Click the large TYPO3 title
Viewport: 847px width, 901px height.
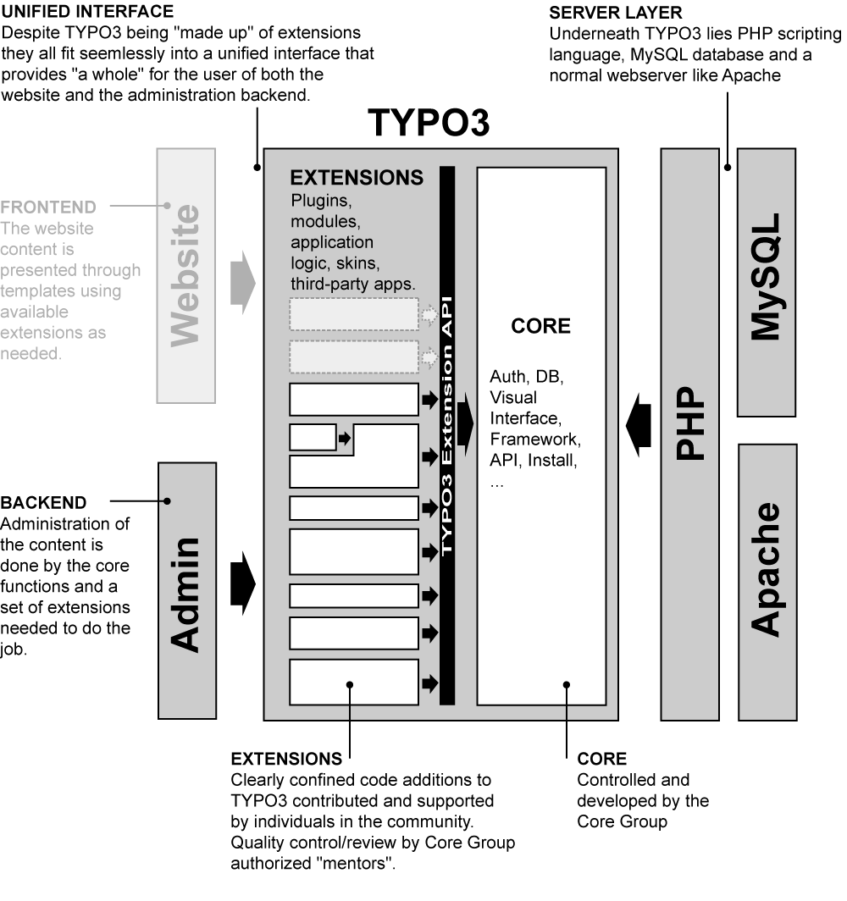point(429,124)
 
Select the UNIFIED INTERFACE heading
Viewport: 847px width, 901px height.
point(89,12)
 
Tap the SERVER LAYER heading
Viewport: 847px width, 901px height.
point(616,12)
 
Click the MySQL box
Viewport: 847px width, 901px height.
point(767,281)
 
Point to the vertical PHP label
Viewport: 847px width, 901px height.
point(691,423)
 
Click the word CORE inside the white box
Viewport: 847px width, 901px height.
point(541,327)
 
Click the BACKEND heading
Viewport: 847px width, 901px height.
point(43,503)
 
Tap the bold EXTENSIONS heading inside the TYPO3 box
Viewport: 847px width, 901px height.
point(357,178)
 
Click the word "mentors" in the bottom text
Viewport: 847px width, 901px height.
point(368,865)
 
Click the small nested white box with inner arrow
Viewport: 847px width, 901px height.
point(313,438)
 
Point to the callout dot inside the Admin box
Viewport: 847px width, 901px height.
point(168,501)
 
